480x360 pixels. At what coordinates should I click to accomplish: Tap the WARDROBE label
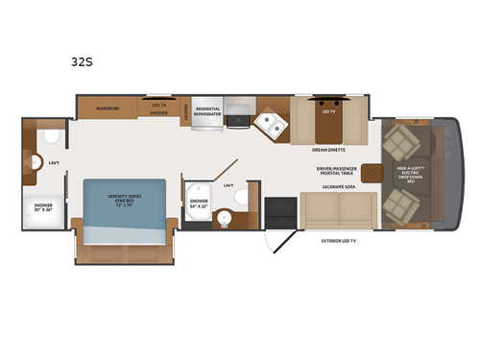pyautogui.click(x=107, y=109)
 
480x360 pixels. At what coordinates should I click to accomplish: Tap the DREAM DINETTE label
pyautogui.click(x=329, y=150)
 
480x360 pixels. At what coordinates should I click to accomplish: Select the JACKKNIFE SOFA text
pyautogui.click(x=328, y=185)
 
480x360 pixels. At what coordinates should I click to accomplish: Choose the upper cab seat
pyautogui.click(x=396, y=144)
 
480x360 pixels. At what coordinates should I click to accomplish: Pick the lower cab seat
pyautogui.click(x=396, y=204)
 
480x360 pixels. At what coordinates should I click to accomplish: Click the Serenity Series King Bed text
pyautogui.click(x=123, y=201)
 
